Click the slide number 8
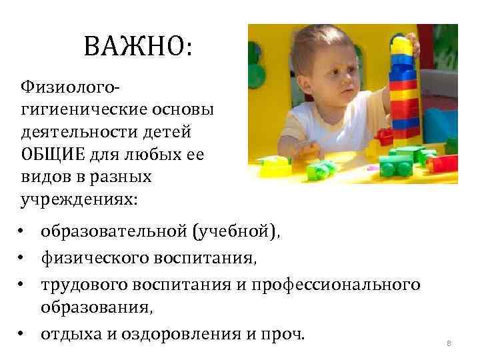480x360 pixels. [x=449, y=343]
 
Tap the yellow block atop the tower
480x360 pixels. [x=401, y=46]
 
